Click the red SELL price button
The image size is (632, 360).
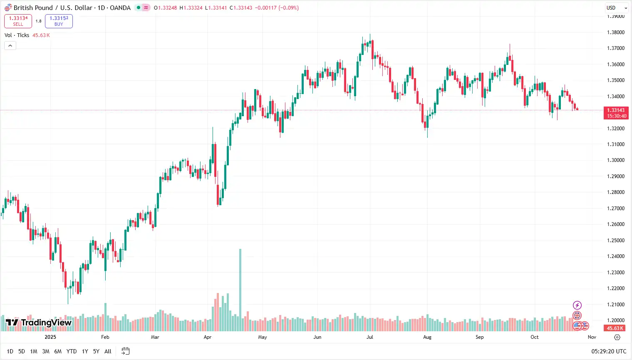pyautogui.click(x=18, y=21)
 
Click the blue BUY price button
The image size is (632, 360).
pyautogui.click(x=59, y=21)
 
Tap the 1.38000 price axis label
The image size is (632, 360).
pyautogui.click(x=616, y=32)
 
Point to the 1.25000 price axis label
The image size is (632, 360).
pyautogui.click(x=616, y=241)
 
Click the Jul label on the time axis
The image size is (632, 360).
pyautogui.click(x=369, y=337)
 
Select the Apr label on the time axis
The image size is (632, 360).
pyautogui.click(x=208, y=337)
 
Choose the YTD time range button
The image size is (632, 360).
pyautogui.click(x=72, y=351)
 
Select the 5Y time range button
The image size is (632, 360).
pyautogui.click(x=96, y=351)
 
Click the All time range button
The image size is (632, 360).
pyautogui.click(x=108, y=351)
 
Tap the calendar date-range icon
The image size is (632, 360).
pyautogui.click(x=125, y=351)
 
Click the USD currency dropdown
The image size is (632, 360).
pyautogui.click(x=616, y=7)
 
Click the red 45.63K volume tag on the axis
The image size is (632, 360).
pyautogui.click(x=615, y=328)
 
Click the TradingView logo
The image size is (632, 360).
pyautogui.click(x=39, y=323)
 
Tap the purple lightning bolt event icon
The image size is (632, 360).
pyautogui.click(x=577, y=305)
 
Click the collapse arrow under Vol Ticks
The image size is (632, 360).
pyautogui.click(x=10, y=45)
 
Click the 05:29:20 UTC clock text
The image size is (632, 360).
pyautogui.click(x=609, y=351)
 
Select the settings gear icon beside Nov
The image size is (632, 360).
pyautogui.click(x=617, y=337)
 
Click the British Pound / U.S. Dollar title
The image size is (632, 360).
pyautogui.click(x=52, y=7)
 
